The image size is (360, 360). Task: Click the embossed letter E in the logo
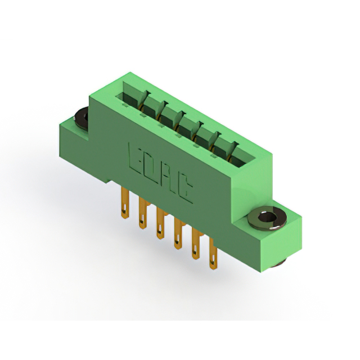(136, 159)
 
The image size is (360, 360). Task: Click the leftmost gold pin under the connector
(125, 202)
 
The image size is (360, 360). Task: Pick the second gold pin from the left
(143, 213)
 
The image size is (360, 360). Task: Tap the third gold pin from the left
(161, 223)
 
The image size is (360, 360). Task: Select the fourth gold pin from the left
(178, 233)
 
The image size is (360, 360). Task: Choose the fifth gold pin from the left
(196, 244)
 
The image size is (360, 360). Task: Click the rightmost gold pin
(213, 254)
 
